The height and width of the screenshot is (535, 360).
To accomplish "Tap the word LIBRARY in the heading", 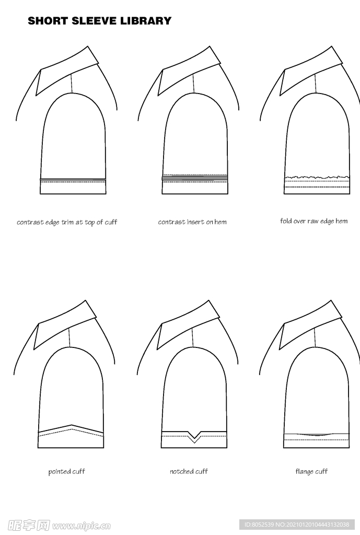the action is (145, 21).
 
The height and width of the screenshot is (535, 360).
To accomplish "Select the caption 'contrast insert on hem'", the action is (192, 222).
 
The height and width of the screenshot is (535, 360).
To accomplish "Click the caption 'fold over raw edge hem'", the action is (314, 221).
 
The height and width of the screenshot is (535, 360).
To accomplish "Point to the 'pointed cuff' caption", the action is (66, 472).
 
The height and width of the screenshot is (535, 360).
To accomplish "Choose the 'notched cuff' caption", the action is (189, 472).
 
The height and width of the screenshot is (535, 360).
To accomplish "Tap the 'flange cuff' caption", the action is (311, 472).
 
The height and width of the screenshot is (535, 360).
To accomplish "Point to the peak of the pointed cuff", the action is (71, 425).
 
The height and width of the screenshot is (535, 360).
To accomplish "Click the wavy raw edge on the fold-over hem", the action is (317, 178).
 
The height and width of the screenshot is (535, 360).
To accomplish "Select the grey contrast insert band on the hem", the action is (194, 178).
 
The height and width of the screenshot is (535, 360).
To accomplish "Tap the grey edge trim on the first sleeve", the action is (73, 179).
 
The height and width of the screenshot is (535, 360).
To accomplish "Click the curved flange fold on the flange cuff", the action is (316, 435).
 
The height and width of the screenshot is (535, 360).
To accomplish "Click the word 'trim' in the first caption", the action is (68, 223).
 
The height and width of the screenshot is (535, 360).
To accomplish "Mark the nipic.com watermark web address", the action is (81, 525).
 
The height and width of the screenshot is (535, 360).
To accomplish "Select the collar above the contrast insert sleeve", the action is (189, 71).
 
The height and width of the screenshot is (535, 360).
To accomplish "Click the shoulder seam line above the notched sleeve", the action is (193, 338).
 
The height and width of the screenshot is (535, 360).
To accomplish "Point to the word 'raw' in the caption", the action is (313, 221).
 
